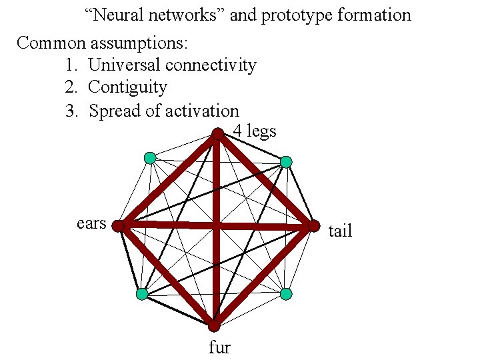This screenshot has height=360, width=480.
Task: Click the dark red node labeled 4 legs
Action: pyautogui.click(x=218, y=134)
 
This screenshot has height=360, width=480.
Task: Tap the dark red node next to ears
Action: pyautogui.click(x=118, y=227)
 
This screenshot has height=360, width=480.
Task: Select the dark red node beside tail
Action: pyautogui.click(x=313, y=227)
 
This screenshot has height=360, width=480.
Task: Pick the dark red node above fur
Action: pyautogui.click(x=214, y=326)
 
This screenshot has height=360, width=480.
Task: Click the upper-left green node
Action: pyautogui.click(x=150, y=158)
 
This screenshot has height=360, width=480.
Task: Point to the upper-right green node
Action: pyautogui.click(x=285, y=162)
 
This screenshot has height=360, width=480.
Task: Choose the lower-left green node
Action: pyautogui.click(x=142, y=294)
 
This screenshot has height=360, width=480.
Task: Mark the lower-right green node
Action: pyautogui.click(x=285, y=294)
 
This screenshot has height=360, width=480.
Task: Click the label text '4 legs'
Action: pyautogui.click(x=255, y=131)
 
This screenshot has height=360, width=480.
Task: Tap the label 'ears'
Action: pyautogui.click(x=91, y=223)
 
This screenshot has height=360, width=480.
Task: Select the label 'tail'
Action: pyautogui.click(x=340, y=231)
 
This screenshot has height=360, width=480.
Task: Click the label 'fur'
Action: pyautogui.click(x=219, y=347)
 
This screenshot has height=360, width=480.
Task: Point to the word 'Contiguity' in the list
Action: pyautogui.click(x=127, y=87)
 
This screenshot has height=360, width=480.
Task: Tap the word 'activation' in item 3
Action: pyautogui.click(x=201, y=111)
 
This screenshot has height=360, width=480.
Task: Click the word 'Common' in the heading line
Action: pyautogui.click(x=51, y=43)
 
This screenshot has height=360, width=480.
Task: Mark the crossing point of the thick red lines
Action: pyautogui.click(x=216, y=227)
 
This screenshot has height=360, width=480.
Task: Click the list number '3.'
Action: pyautogui.click(x=73, y=111)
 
